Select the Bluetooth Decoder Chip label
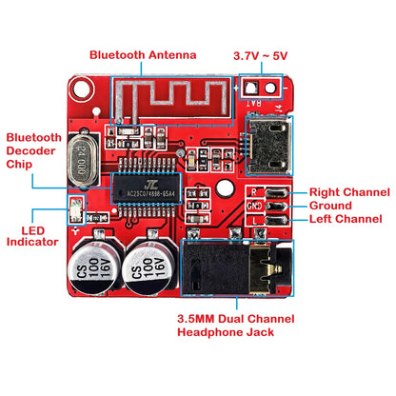tap(34, 151)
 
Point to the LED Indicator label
tap(33, 236)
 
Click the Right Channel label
tap(349, 191)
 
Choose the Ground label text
tap(330, 205)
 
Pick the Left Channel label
tap(345, 219)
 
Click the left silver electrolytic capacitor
tap(91, 268)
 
